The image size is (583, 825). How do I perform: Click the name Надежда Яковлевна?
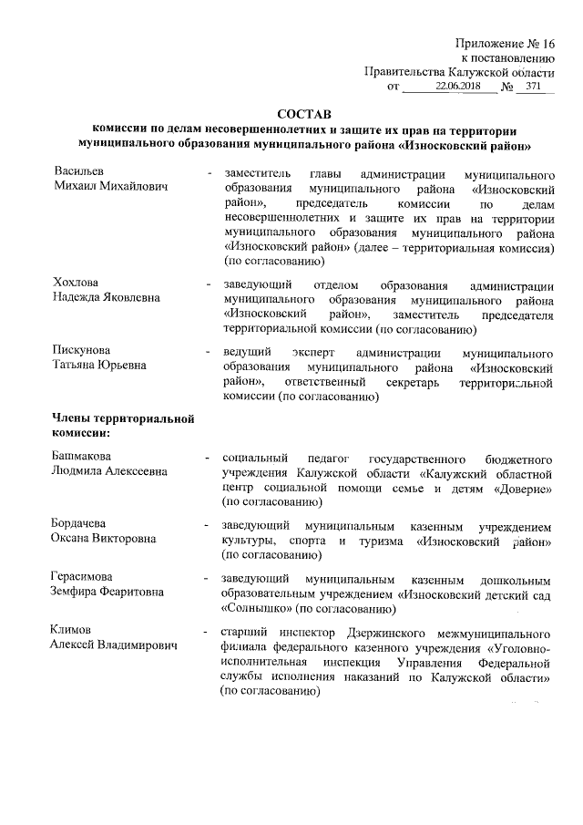click(107, 296)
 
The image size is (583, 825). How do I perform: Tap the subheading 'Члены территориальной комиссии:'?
click(125, 425)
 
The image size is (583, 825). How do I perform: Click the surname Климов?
click(73, 631)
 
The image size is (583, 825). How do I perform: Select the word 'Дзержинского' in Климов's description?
click(391, 632)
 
